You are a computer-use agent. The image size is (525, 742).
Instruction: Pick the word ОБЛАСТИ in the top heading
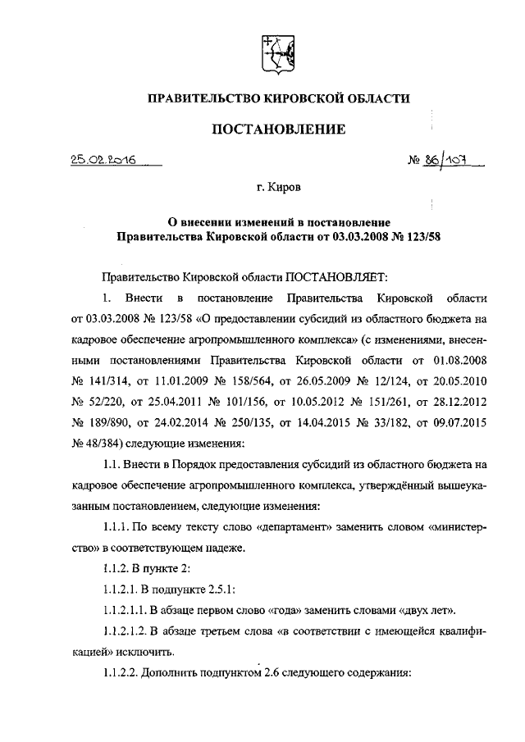(x=372, y=98)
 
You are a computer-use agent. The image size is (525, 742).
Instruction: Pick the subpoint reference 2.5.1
(x=222, y=589)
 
